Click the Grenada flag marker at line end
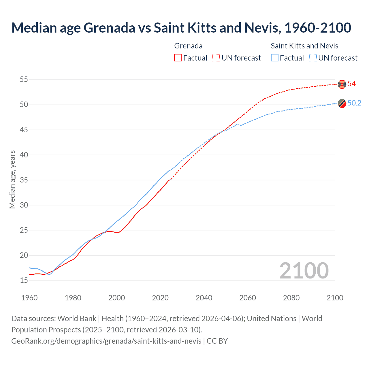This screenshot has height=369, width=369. point(342,84)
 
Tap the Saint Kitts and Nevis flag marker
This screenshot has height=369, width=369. point(342,103)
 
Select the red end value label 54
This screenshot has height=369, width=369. point(352,84)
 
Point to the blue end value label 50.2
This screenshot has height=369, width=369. point(354,103)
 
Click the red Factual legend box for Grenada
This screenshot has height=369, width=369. point(178,58)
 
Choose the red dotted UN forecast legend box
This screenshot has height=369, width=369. point(216,58)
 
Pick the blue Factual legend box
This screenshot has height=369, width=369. point(275,58)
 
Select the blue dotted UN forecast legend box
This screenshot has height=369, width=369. point(313,58)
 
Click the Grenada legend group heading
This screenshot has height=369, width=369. point(188,46)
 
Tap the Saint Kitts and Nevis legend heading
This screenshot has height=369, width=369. point(304,46)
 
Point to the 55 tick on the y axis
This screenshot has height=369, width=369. point(24,79)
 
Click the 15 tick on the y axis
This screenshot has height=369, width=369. point(24,280)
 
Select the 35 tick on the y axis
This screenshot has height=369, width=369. point(24,180)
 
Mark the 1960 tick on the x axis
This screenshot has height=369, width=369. point(29,298)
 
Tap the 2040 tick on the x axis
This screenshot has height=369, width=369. point(204,298)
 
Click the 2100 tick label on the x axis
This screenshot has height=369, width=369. point(335,298)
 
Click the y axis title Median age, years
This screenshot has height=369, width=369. point(12,179)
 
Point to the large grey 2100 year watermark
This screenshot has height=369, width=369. point(304,270)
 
